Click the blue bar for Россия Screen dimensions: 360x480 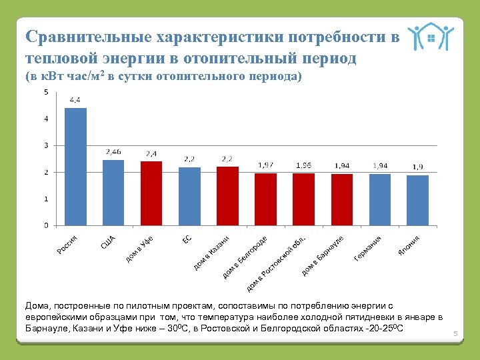click(x=75, y=167)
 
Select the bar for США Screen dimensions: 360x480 click(x=113, y=193)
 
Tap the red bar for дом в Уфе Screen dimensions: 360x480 click(x=151, y=193)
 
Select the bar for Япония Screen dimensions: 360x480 click(x=417, y=200)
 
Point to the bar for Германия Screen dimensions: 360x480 click(x=379, y=199)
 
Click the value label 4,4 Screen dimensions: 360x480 click(x=75, y=100)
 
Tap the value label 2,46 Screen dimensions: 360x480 click(x=113, y=152)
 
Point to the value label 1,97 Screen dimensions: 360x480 click(x=265, y=165)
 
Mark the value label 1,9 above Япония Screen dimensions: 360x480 click(x=417, y=167)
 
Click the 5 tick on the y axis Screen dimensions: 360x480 click(x=45, y=92)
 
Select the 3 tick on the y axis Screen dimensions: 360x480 click(x=45, y=145)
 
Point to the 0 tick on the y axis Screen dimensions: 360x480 click(x=45, y=225)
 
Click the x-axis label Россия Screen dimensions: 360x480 click(x=67, y=245)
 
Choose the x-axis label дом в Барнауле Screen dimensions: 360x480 click(x=323, y=255)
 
